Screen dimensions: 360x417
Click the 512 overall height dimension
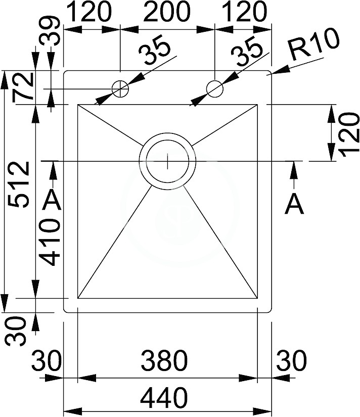click(18, 184)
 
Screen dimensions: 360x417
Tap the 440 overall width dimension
click(164, 398)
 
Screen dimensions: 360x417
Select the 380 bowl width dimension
click(164, 360)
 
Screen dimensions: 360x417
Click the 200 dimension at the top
click(167, 12)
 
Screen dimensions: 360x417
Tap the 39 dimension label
click(50, 31)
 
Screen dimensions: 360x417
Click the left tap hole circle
click(120, 89)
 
